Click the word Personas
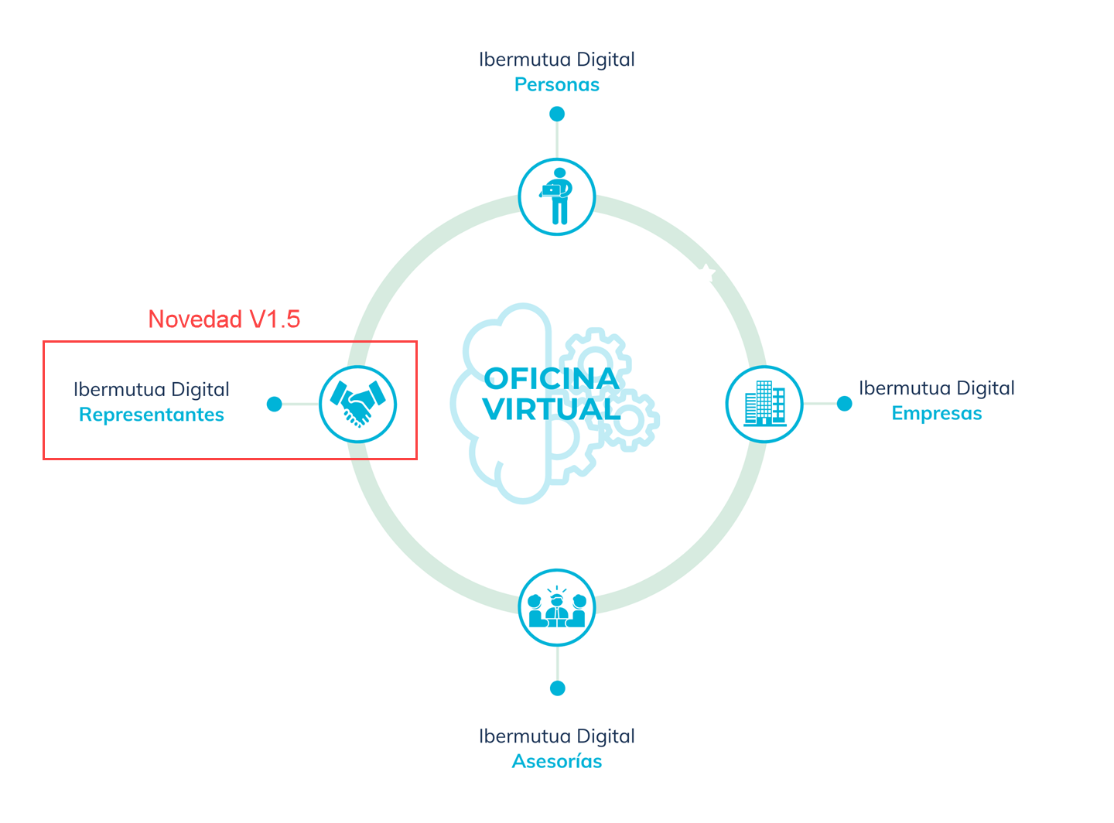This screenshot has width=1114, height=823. [556, 84]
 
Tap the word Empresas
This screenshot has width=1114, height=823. [936, 413]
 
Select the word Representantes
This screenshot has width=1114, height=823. [152, 415]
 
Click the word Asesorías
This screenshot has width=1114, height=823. [557, 761]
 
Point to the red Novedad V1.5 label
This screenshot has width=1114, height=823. [224, 319]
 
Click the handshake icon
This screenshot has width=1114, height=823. [357, 404]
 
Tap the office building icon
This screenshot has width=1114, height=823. [764, 404]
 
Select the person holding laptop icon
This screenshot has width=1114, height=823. [556, 196]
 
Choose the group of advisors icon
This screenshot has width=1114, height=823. [557, 608]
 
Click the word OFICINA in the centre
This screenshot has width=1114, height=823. [551, 379]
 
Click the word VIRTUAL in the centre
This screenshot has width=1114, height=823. [551, 409]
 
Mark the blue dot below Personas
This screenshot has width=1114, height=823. [557, 114]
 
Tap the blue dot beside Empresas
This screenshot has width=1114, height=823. [845, 404]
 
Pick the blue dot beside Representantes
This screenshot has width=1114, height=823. [274, 404]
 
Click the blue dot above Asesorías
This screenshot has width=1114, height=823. [557, 688]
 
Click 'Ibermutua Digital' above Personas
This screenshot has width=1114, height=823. [556, 60]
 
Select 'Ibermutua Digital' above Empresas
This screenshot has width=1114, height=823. [936, 388]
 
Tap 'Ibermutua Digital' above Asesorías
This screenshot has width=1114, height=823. [556, 736]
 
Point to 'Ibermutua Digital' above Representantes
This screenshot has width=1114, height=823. [152, 390]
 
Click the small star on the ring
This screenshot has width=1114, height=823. [706, 270]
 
